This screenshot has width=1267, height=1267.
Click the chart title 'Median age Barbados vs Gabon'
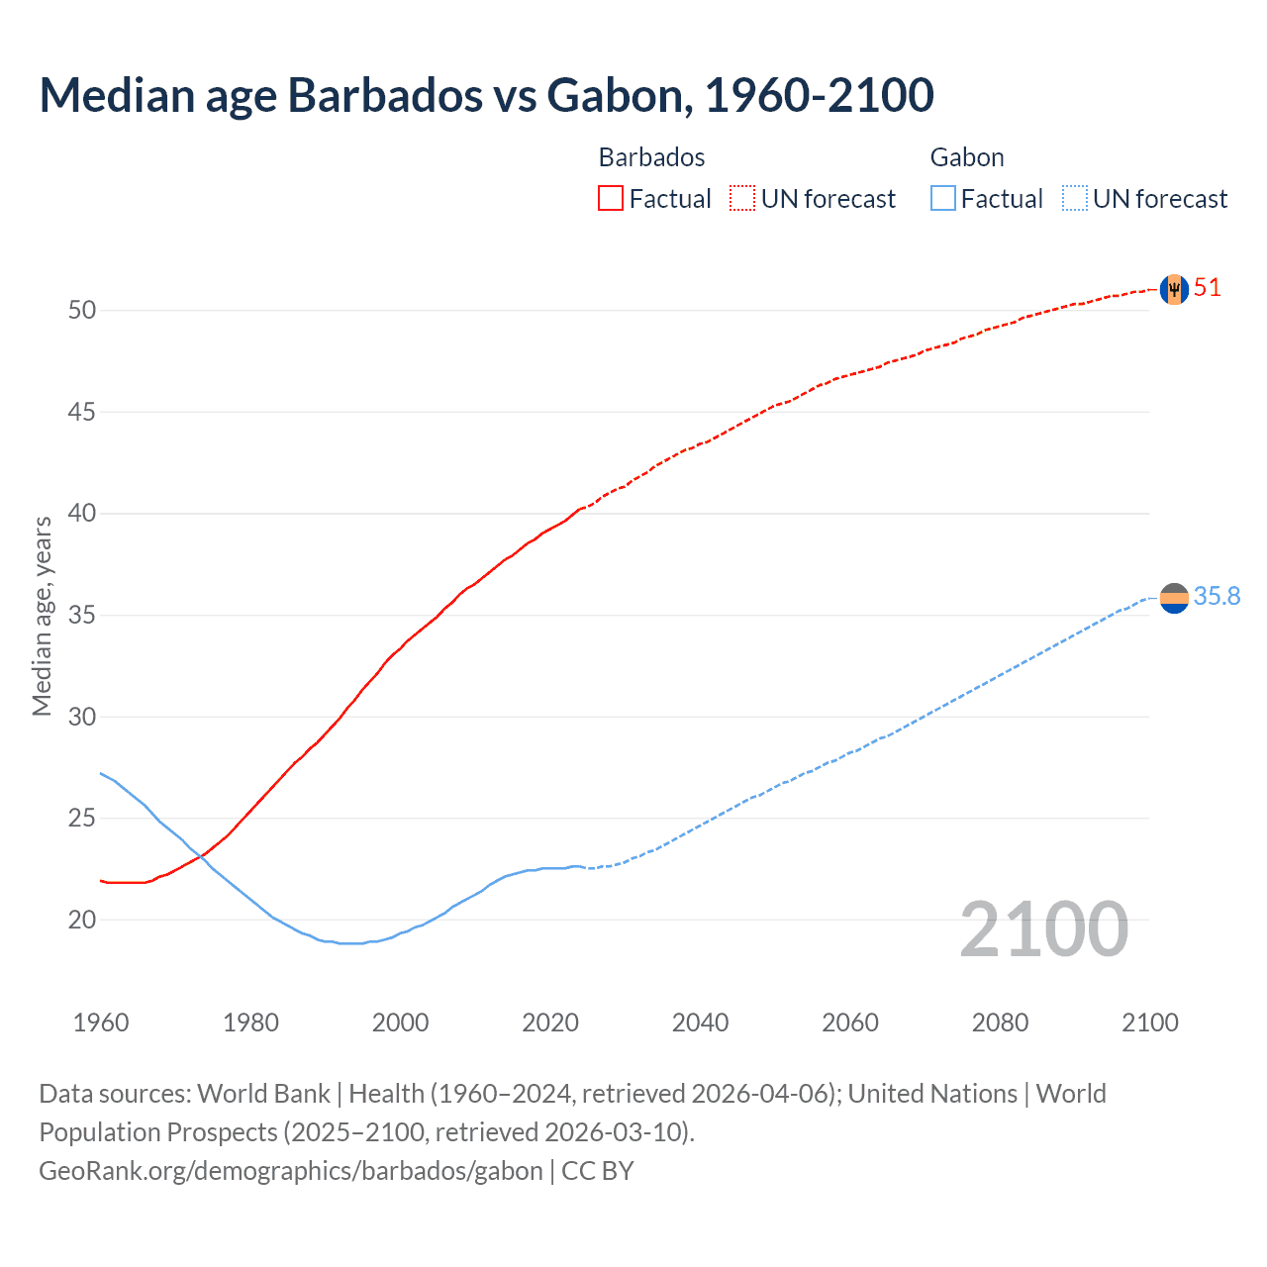486,95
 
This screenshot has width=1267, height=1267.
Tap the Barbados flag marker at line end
1174,289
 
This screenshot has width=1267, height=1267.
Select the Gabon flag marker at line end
1174,598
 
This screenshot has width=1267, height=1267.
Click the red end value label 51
1207,288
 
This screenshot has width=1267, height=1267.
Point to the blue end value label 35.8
1217,596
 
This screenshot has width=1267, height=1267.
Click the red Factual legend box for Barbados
611,199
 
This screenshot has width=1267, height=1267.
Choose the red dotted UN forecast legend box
742,199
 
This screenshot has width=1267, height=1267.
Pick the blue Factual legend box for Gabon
943,199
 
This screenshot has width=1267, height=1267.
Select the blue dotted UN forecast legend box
1075,199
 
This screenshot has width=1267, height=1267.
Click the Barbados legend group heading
651,157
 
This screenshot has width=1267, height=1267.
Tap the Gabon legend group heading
967,157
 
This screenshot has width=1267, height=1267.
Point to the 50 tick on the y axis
82,310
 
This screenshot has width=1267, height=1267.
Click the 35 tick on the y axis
82,615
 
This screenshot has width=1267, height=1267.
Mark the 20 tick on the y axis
82,920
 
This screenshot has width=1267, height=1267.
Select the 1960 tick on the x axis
101,1023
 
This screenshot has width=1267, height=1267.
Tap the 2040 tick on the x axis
700,1023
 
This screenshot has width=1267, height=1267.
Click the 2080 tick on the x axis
1000,1023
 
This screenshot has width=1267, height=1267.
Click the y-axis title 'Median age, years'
42,616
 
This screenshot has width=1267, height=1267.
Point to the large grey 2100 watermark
1043,929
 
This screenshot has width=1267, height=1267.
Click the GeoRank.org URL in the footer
290,1171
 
